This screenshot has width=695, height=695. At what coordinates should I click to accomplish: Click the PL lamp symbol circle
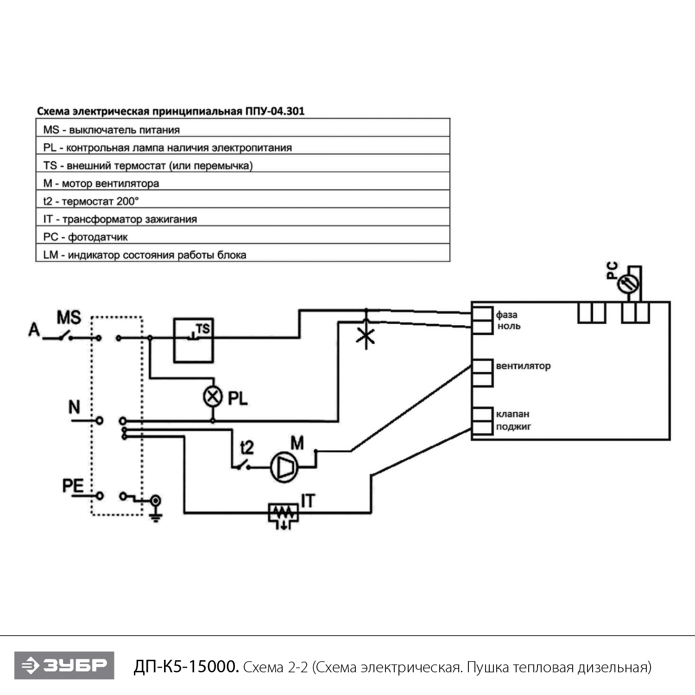[213, 397]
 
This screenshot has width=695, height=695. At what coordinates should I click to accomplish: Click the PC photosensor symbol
[628, 283]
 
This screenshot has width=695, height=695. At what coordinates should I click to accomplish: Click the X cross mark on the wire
[366, 336]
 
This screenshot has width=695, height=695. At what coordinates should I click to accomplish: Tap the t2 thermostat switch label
[247, 447]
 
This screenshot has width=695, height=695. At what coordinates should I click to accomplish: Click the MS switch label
[69, 318]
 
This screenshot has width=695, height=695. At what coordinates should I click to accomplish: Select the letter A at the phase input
[34, 329]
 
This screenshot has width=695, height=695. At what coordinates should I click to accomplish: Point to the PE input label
[73, 486]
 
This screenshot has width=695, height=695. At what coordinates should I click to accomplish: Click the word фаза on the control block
[506, 315]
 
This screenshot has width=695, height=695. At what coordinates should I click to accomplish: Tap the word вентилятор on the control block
[523, 366]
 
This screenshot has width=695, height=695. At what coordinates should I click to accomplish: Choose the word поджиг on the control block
[513, 426]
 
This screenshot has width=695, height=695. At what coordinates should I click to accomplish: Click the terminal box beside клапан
[482, 413]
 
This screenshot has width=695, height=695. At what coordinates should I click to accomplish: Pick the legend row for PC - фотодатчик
[242, 237]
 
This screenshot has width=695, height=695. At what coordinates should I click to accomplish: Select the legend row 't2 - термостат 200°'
[242, 201]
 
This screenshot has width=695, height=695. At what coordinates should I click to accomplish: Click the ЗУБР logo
[64, 665]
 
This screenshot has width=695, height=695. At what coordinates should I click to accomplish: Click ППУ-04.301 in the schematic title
[275, 111]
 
